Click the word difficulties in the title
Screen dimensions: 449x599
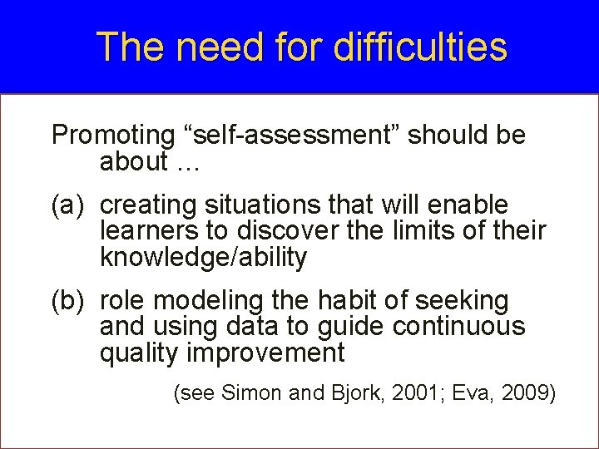coord(419,47)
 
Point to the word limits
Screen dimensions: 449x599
coord(404,231)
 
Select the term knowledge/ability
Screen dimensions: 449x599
coord(203,259)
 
